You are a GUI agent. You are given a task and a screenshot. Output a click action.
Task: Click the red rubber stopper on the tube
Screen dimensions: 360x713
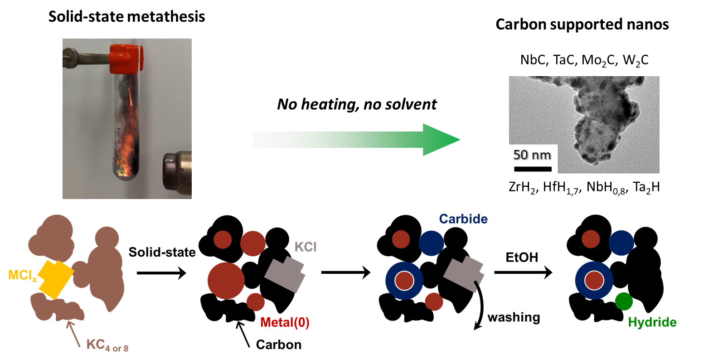pos(126,58)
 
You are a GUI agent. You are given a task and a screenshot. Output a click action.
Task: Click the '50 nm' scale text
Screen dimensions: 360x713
pos(532,155)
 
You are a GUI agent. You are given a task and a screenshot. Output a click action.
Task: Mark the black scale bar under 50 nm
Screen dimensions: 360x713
pos(533,169)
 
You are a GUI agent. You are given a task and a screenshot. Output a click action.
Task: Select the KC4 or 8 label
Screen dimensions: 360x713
pos(107,345)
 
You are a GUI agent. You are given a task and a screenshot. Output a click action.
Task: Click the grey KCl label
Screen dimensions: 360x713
pos(306,247)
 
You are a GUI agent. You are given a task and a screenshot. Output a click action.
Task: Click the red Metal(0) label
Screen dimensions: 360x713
pos(285,323)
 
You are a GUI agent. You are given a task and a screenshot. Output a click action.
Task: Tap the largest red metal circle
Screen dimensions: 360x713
pos(226,281)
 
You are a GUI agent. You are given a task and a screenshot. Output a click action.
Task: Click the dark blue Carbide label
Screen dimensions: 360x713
pos(463,219)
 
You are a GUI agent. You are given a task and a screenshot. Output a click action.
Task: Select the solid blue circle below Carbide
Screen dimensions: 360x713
pos(431,243)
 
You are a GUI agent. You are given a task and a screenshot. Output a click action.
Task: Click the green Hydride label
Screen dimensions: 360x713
pos(652,323)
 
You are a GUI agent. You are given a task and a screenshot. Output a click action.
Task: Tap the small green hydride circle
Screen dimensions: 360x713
pos(624,301)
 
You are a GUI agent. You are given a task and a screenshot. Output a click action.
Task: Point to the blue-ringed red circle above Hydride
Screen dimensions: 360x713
pos(594,281)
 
